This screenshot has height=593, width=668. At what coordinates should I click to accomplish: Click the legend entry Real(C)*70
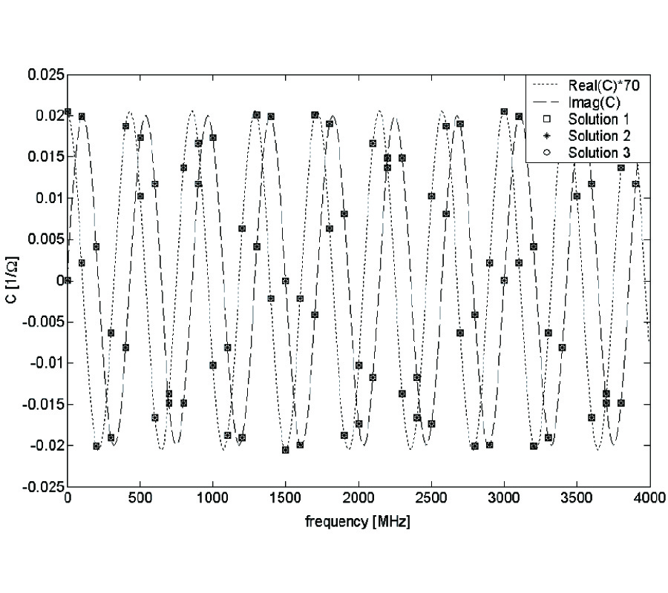click(599, 85)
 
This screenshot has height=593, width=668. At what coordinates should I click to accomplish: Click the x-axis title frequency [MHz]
click(358, 522)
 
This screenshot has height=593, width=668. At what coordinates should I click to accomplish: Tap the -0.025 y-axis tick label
click(41, 486)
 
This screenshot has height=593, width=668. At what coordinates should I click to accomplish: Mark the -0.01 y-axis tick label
click(44, 363)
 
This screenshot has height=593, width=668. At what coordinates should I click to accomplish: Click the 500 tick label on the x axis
click(140, 500)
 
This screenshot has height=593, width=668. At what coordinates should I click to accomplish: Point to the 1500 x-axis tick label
click(285, 500)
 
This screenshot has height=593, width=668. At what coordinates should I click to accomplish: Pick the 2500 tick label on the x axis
click(430, 500)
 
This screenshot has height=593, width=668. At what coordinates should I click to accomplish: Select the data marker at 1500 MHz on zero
click(285, 281)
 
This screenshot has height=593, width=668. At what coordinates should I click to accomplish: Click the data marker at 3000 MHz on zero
click(504, 280)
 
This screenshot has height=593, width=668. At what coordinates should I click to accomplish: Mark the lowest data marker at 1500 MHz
click(285, 450)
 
